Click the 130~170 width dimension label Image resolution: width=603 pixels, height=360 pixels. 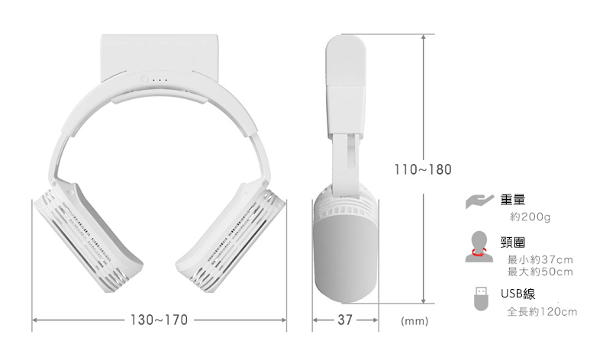pyautogui.click(x=160, y=320)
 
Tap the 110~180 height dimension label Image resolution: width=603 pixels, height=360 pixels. pyautogui.click(x=424, y=169)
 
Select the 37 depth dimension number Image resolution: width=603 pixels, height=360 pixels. pyautogui.click(x=345, y=320)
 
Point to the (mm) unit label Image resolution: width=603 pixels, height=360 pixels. pyautogui.click(x=413, y=321)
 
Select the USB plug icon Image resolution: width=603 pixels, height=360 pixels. pyautogui.click(x=481, y=298)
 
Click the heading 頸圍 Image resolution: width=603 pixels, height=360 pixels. pyautogui.click(x=513, y=243)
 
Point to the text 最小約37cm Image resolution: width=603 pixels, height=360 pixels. pyautogui.click(x=540, y=260)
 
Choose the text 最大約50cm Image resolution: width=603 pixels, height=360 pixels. pyautogui.click(x=540, y=272)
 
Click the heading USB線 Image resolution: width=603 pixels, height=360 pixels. pyautogui.click(x=518, y=293)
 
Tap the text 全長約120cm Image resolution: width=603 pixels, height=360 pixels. pyautogui.click(x=542, y=311)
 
